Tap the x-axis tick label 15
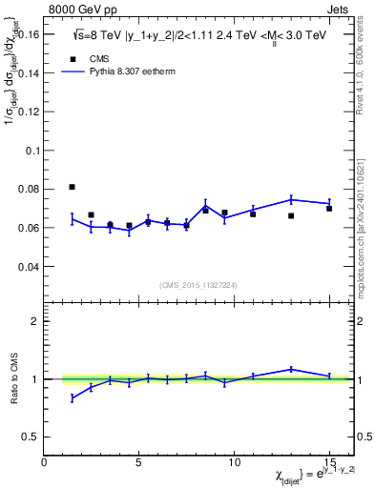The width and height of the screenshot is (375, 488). tap(329, 461)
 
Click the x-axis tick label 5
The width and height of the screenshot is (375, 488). tap(139, 461)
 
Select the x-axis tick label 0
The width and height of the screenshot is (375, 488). tap(45, 461)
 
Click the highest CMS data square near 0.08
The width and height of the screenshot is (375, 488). tap(73, 187)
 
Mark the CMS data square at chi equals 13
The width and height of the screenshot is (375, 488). tap(291, 215)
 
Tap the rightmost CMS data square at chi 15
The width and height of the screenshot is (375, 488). tap(329, 208)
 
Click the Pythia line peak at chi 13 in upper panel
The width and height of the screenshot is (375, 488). tap(291, 199)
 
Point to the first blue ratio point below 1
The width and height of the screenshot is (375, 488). tap(73, 397)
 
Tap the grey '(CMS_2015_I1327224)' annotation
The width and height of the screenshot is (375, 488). tap(198, 285)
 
